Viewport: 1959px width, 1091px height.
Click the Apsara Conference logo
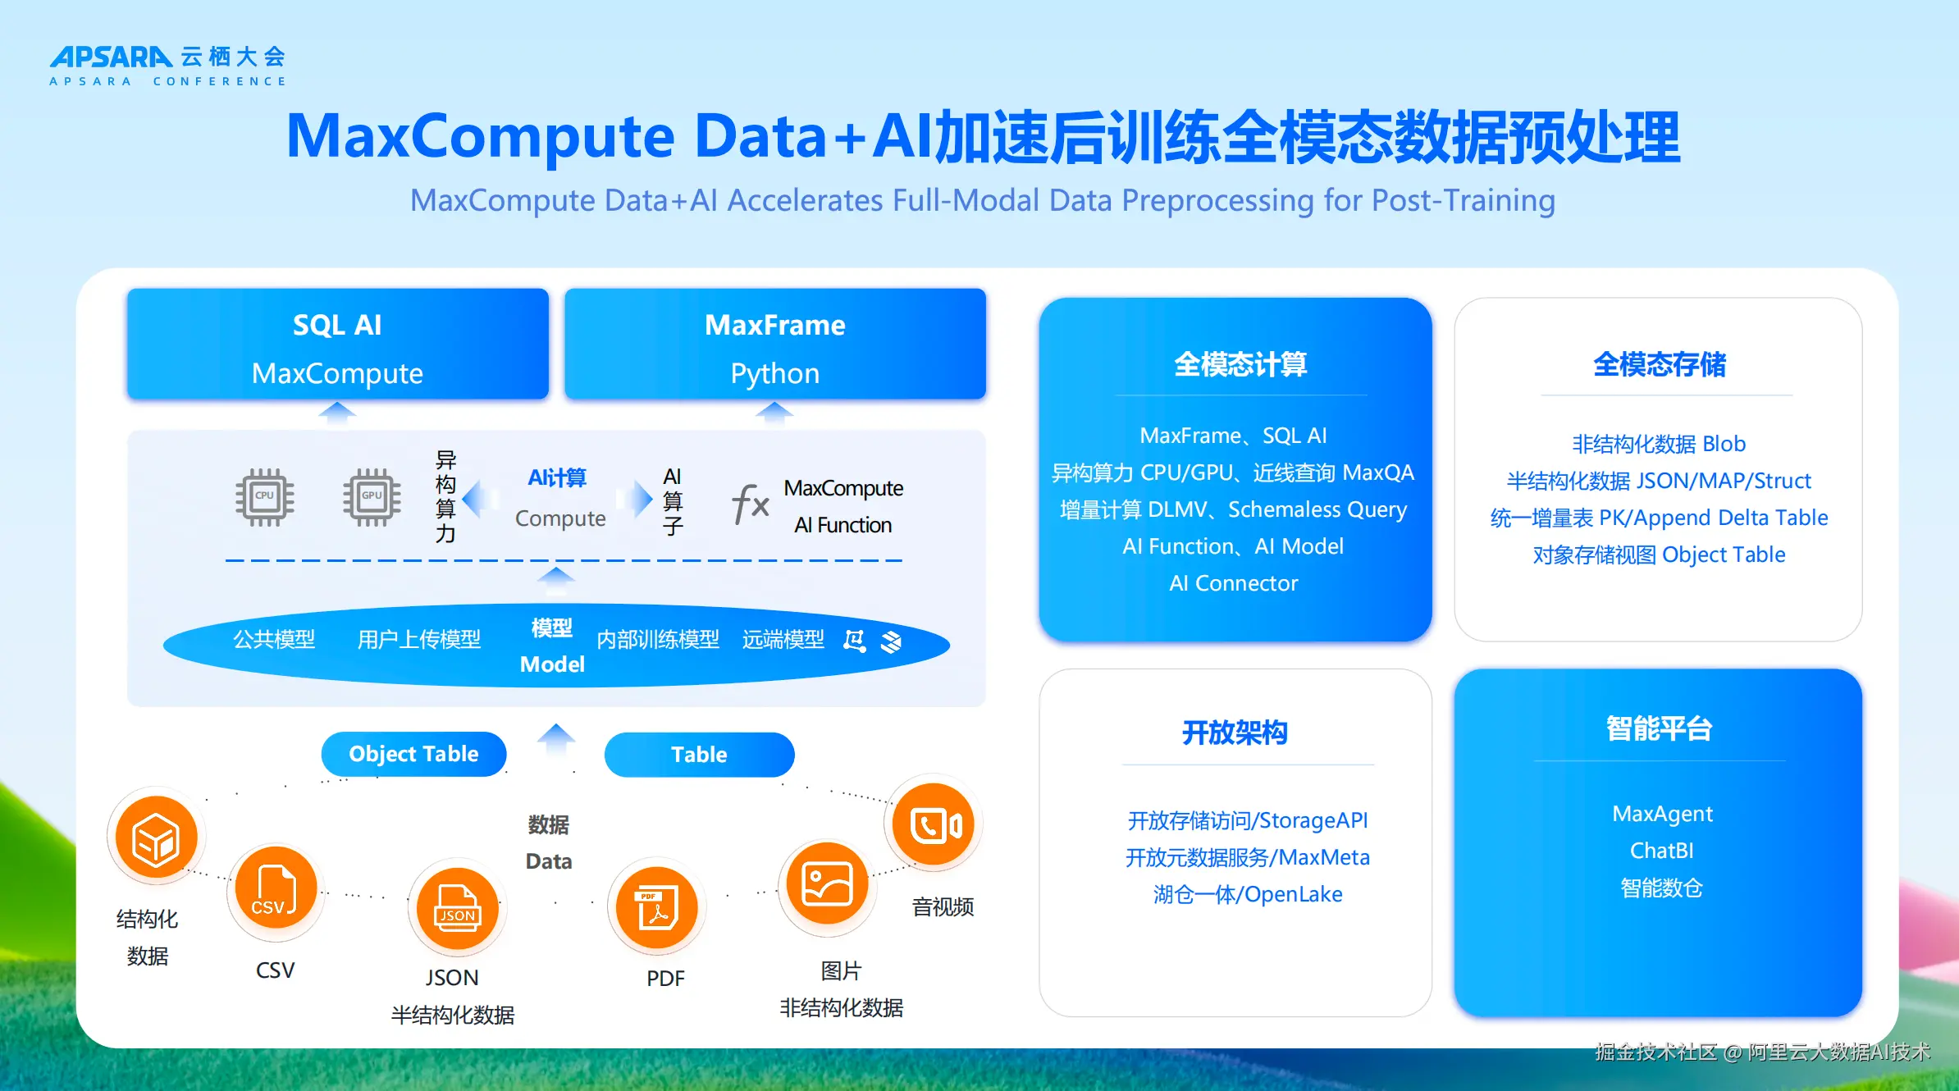[x=167, y=66]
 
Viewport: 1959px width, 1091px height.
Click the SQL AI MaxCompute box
[x=337, y=345]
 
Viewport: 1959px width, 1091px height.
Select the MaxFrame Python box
[x=774, y=345]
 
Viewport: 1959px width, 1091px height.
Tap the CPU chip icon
[x=264, y=497]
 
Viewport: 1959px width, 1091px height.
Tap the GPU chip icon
[x=372, y=497]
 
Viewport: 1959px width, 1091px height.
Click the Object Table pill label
[x=413, y=754]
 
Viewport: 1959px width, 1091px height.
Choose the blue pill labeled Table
[x=699, y=755]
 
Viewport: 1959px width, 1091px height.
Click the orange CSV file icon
[x=276, y=888]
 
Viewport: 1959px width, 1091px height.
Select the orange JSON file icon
[x=458, y=908]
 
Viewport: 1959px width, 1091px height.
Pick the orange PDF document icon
[x=657, y=908]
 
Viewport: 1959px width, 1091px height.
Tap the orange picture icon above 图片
[x=827, y=883]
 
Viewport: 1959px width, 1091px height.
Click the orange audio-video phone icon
[x=934, y=824]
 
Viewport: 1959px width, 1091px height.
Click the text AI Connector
[x=1233, y=583]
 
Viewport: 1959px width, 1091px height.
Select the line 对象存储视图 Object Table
[x=1659, y=555]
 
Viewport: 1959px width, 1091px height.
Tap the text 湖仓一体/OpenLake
[x=1247, y=894]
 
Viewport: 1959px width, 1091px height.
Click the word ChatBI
[x=1661, y=851]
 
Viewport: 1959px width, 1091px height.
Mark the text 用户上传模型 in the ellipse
[x=418, y=639]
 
